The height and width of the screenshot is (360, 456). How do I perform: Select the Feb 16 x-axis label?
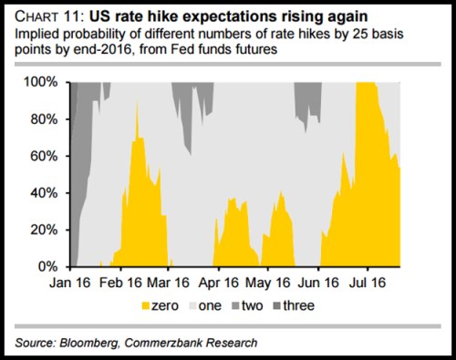[x=125, y=283]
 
